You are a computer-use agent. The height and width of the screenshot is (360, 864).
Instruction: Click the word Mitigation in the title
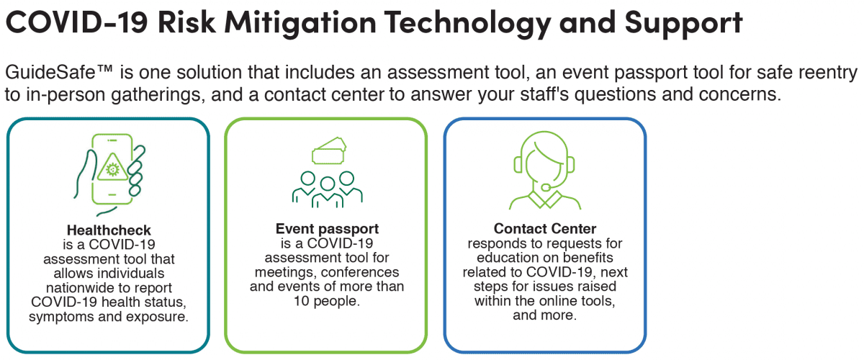point(300,23)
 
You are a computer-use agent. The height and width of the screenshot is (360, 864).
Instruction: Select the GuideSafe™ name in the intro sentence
point(58,72)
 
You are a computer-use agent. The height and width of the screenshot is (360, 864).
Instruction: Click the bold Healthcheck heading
point(109,230)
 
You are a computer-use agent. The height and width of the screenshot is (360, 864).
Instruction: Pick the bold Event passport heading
point(327,229)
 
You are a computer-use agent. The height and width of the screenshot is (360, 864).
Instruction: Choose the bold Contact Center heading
point(545,228)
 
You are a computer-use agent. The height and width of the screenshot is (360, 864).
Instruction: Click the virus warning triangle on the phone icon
point(112,168)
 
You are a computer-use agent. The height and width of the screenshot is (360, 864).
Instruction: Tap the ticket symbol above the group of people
point(328,150)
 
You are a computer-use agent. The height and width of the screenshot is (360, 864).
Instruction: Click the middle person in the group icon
point(328,192)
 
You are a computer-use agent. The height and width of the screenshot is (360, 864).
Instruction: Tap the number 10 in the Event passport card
point(302,301)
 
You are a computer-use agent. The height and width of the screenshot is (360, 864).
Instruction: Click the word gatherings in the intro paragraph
point(158,95)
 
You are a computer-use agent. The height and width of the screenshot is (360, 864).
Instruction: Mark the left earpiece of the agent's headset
point(518,165)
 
